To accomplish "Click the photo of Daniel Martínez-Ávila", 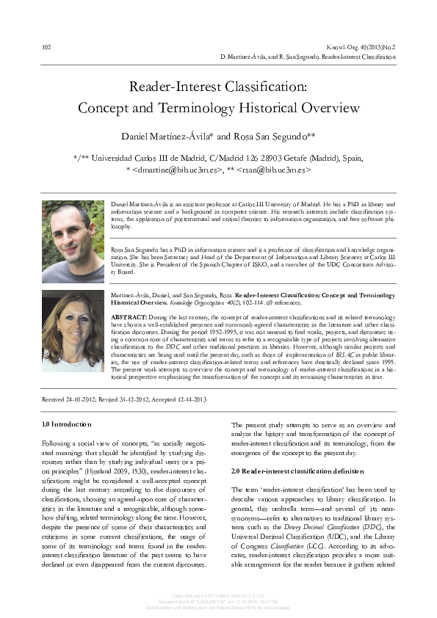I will pos(73,241).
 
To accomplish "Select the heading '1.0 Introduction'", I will pos(67,424).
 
